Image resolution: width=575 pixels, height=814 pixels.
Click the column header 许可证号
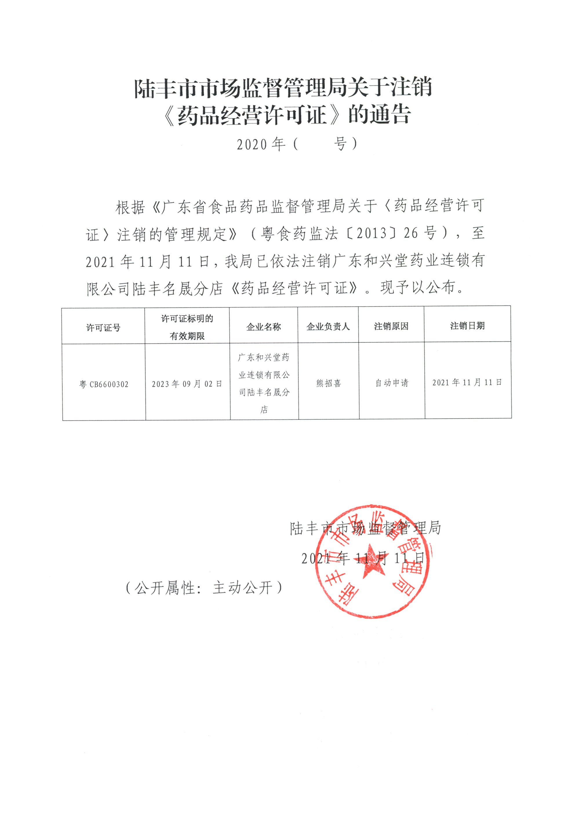point(103,327)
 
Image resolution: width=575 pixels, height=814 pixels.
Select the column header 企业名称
point(263,326)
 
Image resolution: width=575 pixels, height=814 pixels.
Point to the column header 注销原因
point(391,326)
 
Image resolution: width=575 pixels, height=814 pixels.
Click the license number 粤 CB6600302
point(103,384)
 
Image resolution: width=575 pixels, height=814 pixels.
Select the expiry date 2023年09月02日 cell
point(187,384)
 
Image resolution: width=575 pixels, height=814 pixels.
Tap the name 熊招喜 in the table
point(328,383)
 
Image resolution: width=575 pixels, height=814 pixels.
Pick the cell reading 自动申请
point(392,383)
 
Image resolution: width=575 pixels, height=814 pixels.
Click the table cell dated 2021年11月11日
point(467,382)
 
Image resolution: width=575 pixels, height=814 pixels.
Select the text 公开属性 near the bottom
point(165,588)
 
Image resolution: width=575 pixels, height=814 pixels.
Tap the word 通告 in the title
point(390,115)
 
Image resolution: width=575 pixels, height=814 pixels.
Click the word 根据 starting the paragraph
point(130,207)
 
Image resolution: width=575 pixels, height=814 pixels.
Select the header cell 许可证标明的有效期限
point(187,327)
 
